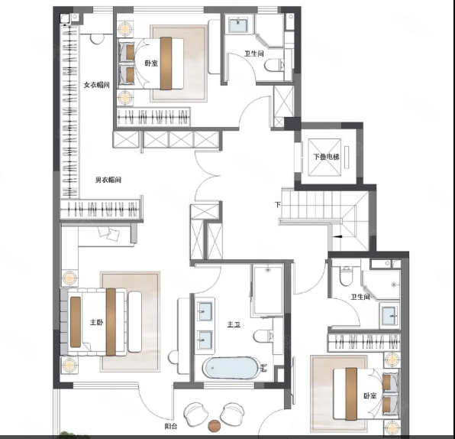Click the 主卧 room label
97,323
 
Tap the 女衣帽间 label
97,85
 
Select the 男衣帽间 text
108,180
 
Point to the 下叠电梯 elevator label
327,157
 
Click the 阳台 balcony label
171,427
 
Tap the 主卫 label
234,324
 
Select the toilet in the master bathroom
263,337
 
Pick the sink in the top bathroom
238,25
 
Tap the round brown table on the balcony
215,426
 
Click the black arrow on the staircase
337,236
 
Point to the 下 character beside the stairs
278,205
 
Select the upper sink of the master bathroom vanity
205,311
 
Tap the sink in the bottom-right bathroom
389,316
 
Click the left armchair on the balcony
196,414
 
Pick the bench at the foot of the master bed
134,321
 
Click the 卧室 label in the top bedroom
151,63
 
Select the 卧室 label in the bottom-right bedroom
370,395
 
